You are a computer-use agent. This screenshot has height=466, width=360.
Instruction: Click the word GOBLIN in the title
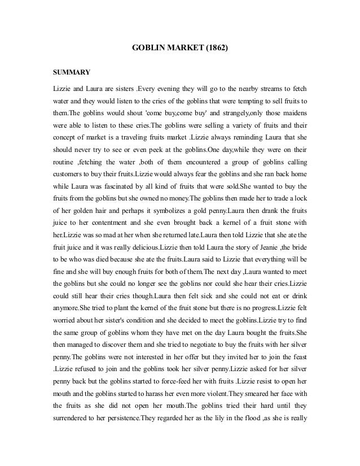pos(148,49)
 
